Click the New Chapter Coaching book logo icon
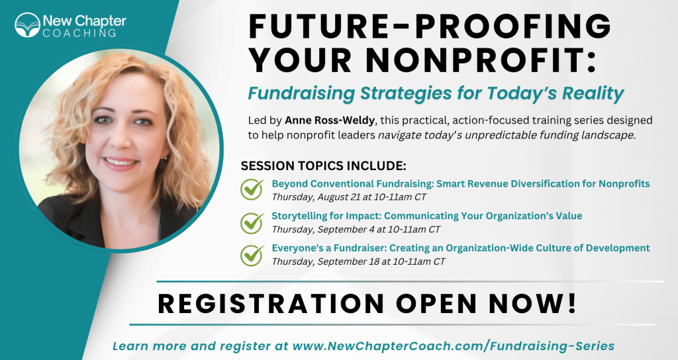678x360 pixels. tap(27, 24)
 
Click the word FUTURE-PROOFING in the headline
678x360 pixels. tap(430, 26)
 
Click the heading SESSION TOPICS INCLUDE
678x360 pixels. tap(323, 166)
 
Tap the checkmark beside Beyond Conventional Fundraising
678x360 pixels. tap(252, 189)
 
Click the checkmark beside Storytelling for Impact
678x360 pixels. tap(252, 222)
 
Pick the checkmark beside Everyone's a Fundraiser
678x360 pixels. tap(252, 255)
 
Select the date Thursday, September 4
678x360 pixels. tap(323, 230)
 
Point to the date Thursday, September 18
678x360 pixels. tap(326, 261)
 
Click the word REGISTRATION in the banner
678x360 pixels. tap(271, 303)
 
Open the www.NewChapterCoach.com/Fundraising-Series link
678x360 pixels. tap(454, 345)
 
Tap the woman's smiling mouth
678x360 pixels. tap(121, 163)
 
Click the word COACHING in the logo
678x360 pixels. tap(79, 33)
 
